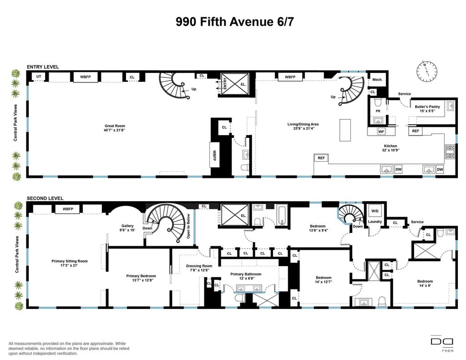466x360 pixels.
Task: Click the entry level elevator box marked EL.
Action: [235, 85]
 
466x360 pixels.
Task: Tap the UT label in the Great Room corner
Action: [39, 76]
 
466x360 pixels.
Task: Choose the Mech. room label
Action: [377, 80]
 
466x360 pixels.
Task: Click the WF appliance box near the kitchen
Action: [381, 131]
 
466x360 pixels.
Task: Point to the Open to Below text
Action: [188, 226]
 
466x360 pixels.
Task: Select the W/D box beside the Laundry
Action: [375, 211]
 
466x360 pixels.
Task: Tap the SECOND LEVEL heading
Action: [45, 198]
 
